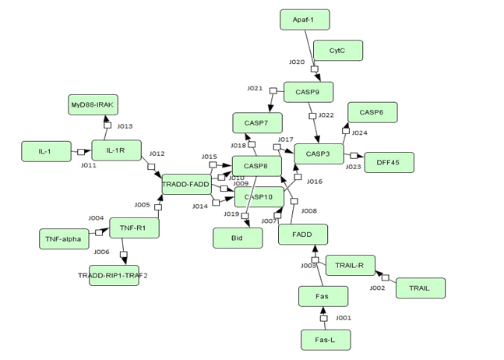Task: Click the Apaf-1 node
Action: click(x=305, y=19)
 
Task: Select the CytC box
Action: click(x=337, y=51)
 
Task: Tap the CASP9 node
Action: click(x=308, y=92)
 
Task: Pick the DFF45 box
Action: click(x=389, y=162)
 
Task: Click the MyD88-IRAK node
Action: click(x=93, y=104)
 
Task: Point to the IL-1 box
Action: click(x=46, y=152)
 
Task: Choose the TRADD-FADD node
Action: click(x=186, y=185)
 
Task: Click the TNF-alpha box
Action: click(x=64, y=238)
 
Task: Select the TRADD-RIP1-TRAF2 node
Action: click(x=114, y=275)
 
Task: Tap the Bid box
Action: click(x=238, y=238)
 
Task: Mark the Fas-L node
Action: click(x=326, y=340)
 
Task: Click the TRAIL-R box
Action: click(x=350, y=265)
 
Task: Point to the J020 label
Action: click(x=297, y=62)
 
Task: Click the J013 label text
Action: click(x=125, y=126)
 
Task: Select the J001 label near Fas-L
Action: click(x=344, y=318)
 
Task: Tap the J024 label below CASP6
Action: click(x=360, y=132)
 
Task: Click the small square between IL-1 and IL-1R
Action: click(x=81, y=152)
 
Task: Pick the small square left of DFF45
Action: click(x=354, y=157)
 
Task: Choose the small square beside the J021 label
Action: click(x=273, y=91)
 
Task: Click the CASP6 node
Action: click(x=372, y=112)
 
